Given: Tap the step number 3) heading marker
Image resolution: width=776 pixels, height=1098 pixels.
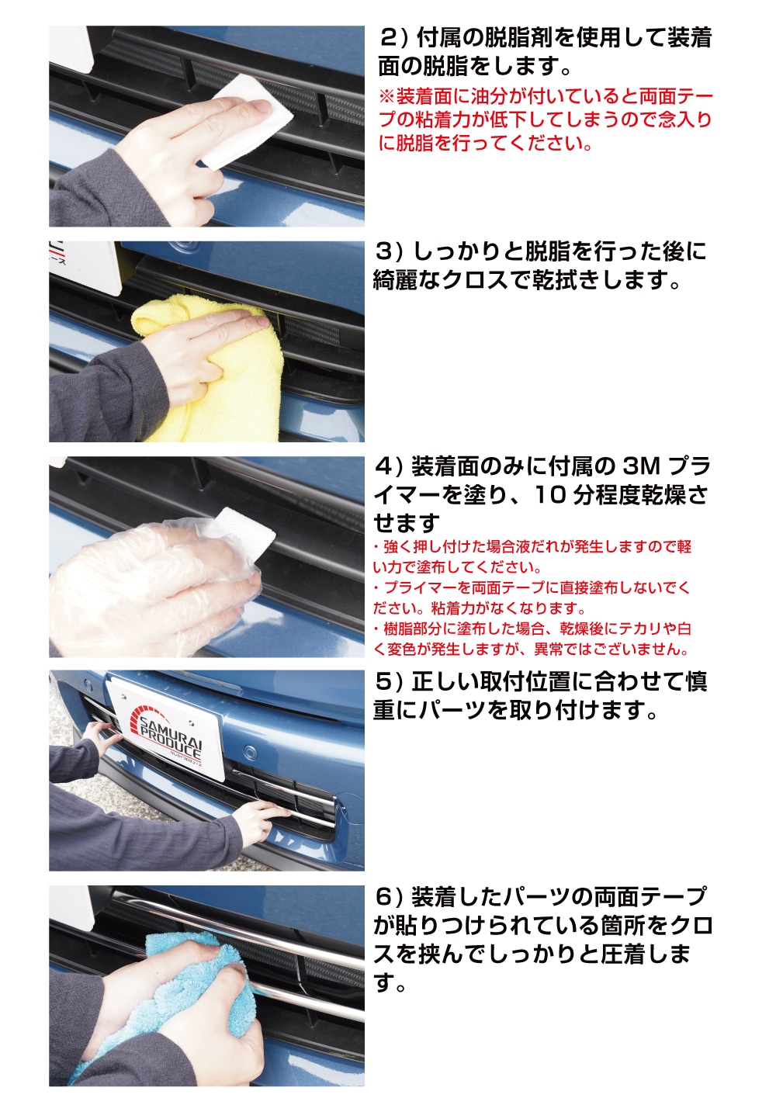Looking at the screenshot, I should pos(388,251).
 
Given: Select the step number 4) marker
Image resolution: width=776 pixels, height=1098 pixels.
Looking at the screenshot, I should pos(388,466).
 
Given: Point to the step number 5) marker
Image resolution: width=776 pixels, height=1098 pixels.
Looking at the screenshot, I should pos(388,681).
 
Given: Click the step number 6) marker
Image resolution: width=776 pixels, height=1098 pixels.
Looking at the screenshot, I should pos(388,897).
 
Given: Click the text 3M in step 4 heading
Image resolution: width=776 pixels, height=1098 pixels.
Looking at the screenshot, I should pos(641,466).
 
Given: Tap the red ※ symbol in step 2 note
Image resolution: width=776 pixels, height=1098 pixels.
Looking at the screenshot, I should pos(386,97).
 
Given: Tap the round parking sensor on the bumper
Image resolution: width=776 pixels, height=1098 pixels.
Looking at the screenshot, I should pos(250,751).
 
